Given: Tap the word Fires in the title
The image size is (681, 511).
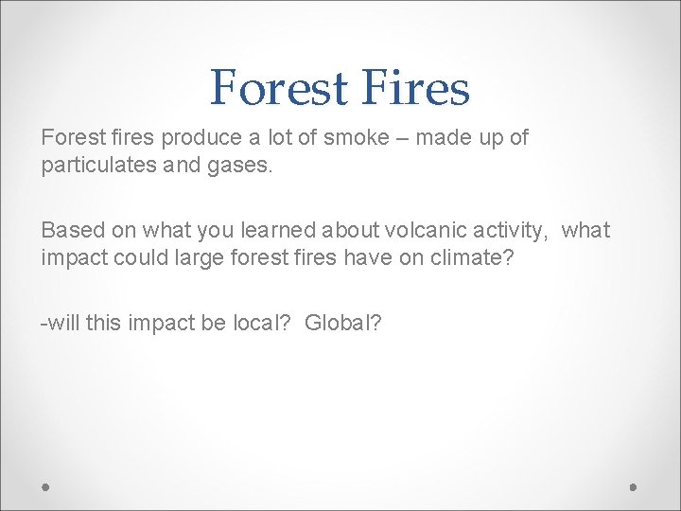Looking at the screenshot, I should (417, 88).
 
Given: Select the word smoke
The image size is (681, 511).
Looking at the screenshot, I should (356, 138).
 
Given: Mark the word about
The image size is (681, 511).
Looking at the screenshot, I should (340, 231).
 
